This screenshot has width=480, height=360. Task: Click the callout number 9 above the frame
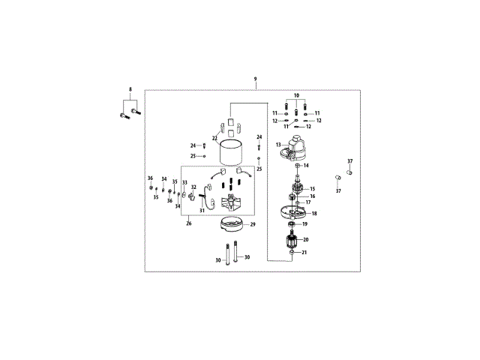[x=255, y=79]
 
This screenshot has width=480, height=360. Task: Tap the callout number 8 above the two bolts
[x=130, y=89]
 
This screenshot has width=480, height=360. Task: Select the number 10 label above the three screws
[x=296, y=95]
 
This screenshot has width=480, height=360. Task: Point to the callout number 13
[x=278, y=145]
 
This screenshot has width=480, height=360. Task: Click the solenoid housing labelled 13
[x=293, y=148]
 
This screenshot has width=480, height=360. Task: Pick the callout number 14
[x=306, y=166]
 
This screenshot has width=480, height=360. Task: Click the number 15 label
[x=312, y=189]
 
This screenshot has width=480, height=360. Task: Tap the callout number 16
[x=312, y=196]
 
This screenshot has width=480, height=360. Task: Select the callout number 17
[x=308, y=202]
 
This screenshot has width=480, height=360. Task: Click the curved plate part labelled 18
[x=293, y=213]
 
